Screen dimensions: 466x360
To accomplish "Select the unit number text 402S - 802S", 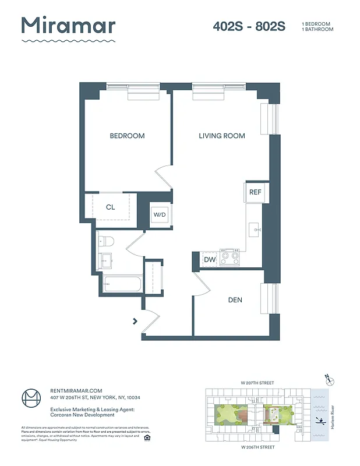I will pyautogui.click(x=249, y=27).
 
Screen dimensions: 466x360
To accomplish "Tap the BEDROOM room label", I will pyautogui.click(x=127, y=136).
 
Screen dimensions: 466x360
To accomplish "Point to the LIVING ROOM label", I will pyautogui.click(x=221, y=136).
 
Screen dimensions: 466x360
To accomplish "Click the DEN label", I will pyautogui.click(x=235, y=300).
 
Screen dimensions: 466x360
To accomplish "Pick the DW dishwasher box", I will pyautogui.click(x=209, y=260).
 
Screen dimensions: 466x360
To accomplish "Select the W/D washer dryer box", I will pyautogui.click(x=160, y=215).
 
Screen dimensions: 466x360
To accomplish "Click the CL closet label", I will pyautogui.click(x=111, y=207).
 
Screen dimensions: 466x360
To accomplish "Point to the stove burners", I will pyautogui.click(x=230, y=257).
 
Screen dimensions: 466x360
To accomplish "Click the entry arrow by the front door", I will pyautogui.click(x=135, y=320).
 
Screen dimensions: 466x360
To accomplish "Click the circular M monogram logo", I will pyautogui.click(x=31, y=400).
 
